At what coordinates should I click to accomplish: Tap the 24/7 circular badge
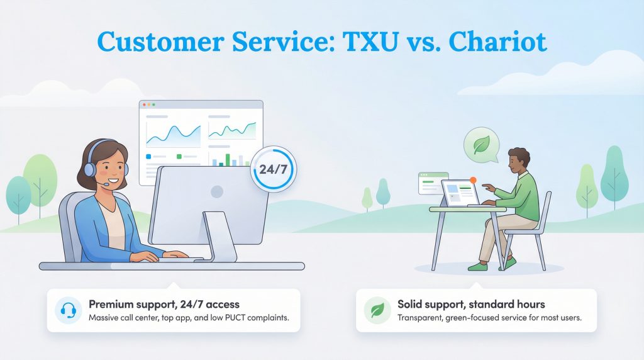point(273,169)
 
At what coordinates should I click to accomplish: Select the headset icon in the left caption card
point(68,310)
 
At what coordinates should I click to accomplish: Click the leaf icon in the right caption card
point(377,310)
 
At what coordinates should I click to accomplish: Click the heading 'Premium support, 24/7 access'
point(164,304)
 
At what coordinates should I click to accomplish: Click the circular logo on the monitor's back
point(217,191)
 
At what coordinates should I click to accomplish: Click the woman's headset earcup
point(89,169)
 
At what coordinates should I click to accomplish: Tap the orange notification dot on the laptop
point(473,180)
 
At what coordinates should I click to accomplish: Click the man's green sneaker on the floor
point(478,266)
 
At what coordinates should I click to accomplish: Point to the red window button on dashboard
point(144,104)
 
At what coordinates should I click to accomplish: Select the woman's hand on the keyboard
point(149,256)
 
